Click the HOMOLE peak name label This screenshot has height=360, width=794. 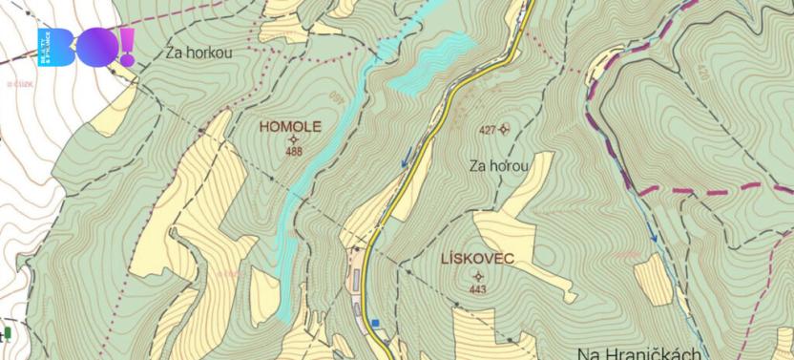[290, 126]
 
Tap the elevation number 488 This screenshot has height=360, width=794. [294, 151]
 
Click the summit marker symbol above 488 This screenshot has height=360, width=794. [294, 138]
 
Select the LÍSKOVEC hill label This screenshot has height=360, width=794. [477, 259]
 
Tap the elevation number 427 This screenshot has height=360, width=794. [487, 129]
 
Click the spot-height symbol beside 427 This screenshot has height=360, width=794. [504, 129]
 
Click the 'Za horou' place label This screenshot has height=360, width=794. [499, 165]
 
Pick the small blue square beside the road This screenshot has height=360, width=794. [376, 323]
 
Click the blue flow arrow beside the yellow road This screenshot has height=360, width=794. [408, 156]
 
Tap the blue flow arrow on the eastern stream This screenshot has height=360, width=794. [654, 231]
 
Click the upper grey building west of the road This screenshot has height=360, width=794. [356, 280]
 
